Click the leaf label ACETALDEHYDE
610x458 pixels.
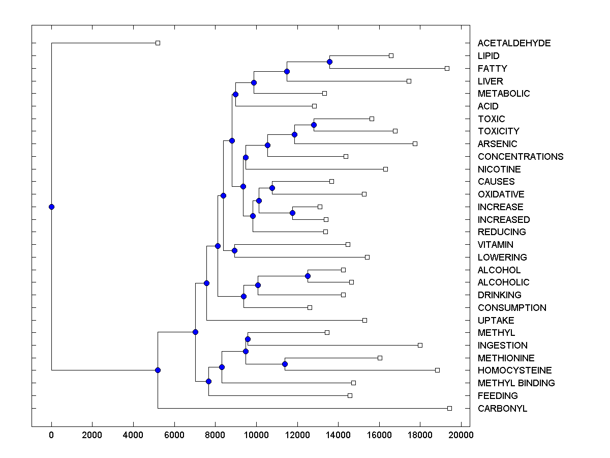(514, 43)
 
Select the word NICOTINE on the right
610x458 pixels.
(499, 169)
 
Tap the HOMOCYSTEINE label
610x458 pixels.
(514, 370)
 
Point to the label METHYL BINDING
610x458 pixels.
(516, 383)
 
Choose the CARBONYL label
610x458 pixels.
(502, 408)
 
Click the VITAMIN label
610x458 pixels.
(495, 245)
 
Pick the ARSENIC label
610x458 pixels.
(497, 144)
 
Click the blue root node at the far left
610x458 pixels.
(51, 207)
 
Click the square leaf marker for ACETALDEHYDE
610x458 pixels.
(158, 43)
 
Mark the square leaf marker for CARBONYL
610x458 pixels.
(449, 408)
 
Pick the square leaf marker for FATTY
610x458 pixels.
(447, 68)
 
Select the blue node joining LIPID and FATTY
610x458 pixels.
(329, 62)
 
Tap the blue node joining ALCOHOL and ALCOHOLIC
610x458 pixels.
(308, 276)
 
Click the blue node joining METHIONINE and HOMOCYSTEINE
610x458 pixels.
(285, 364)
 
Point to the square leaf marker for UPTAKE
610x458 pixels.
(364, 320)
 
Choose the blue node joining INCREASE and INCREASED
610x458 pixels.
(292, 213)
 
